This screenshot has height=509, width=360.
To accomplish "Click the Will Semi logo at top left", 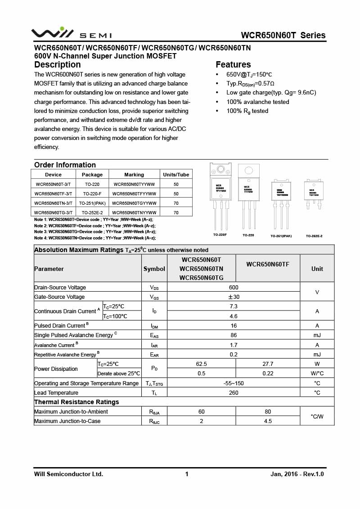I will coord(71,34).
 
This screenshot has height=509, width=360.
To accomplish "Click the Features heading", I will coord(233,64).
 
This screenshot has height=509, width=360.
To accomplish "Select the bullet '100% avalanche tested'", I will coord(258,102).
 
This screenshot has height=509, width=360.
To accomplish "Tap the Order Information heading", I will coord(65,165).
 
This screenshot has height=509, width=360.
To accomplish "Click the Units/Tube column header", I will coord(176,175).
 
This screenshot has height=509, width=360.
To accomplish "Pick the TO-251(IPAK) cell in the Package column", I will coord(92,203).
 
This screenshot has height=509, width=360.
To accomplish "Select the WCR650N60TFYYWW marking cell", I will coord(134,194).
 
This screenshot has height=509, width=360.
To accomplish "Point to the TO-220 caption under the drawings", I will coord(248,235).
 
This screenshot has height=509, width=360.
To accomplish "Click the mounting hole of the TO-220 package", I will coord(248,171).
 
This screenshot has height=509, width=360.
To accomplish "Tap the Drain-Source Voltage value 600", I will coord(234,288).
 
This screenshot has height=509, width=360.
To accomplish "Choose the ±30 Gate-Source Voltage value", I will coord(234,297).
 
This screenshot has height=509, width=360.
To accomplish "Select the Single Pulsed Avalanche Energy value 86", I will coord(234,335).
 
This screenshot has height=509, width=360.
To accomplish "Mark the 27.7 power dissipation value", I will coord(268,364).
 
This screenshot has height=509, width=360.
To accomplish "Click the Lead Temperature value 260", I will coord(234,393).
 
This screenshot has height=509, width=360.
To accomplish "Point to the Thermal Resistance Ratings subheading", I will coord(76,402).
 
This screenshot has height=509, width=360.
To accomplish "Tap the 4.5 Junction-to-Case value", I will coord(268,421).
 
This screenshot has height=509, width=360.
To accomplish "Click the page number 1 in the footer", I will coord(187,474).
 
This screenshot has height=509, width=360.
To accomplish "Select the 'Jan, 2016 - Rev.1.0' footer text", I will coord(297,474).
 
